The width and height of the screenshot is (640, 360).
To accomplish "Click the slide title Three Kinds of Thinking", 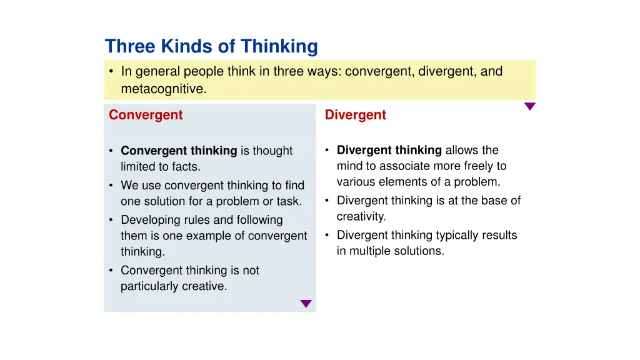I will tap(211, 46).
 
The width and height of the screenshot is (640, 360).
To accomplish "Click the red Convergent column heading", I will tap(146, 115).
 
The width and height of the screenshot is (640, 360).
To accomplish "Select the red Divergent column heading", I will tap(356, 115).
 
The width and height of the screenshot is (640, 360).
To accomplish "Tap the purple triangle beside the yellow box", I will tap(530, 106).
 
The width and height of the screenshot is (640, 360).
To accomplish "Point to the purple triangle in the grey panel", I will tap(306, 304).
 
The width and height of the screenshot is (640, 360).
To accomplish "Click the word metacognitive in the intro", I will tap(162, 89).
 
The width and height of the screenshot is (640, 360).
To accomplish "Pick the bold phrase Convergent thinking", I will tap(179, 151).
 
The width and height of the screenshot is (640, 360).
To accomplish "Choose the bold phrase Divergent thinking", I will tap(389, 150).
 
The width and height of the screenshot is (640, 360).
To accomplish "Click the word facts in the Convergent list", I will tap(187, 167).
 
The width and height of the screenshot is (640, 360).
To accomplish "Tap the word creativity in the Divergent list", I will tap(361, 217).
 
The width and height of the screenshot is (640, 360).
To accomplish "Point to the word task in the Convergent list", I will tap(290, 201).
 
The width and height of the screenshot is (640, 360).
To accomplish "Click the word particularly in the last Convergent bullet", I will tap(149, 286).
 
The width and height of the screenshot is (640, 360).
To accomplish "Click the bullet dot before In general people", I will tap(111, 72).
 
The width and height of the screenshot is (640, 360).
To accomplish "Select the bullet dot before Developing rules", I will tap(111, 220).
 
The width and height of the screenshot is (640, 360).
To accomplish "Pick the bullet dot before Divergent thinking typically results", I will tap(327, 235).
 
